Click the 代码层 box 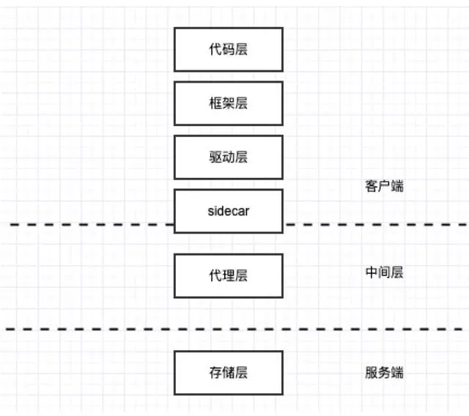(x=228, y=49)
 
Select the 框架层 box (x=228, y=103)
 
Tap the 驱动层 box (x=228, y=157)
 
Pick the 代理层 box (x=228, y=275)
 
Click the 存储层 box (x=228, y=372)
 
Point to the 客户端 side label (x=384, y=186)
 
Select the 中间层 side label (x=384, y=272)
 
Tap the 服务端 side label (x=384, y=372)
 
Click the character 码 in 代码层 (x=228, y=49)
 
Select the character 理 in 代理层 (x=228, y=275)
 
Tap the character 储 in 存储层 (x=228, y=372)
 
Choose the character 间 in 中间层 (x=384, y=272)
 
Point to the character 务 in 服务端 (x=384, y=372)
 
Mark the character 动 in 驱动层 (x=228, y=157)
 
